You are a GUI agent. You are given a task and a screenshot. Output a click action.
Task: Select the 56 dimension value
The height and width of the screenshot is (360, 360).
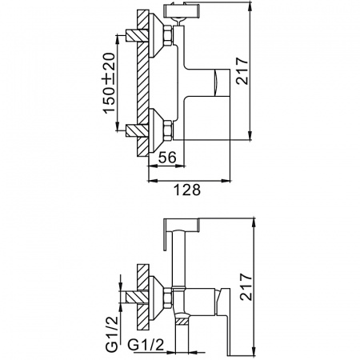point(166,159)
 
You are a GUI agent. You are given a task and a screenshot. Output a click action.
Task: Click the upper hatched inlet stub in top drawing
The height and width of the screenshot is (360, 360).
point(134,37)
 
